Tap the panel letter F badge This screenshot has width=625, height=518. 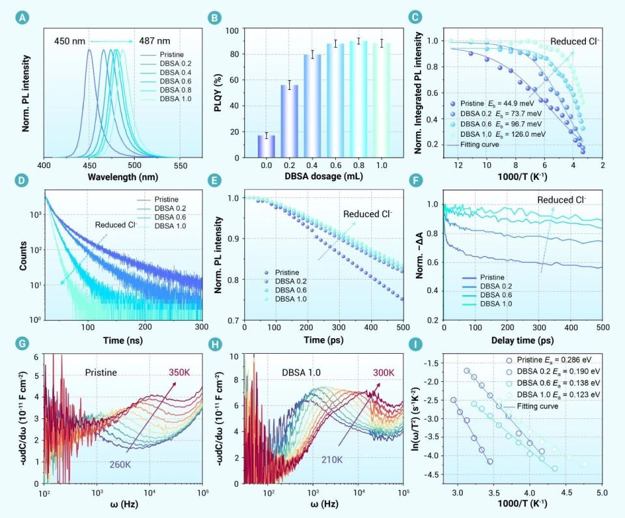coord(432,181)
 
